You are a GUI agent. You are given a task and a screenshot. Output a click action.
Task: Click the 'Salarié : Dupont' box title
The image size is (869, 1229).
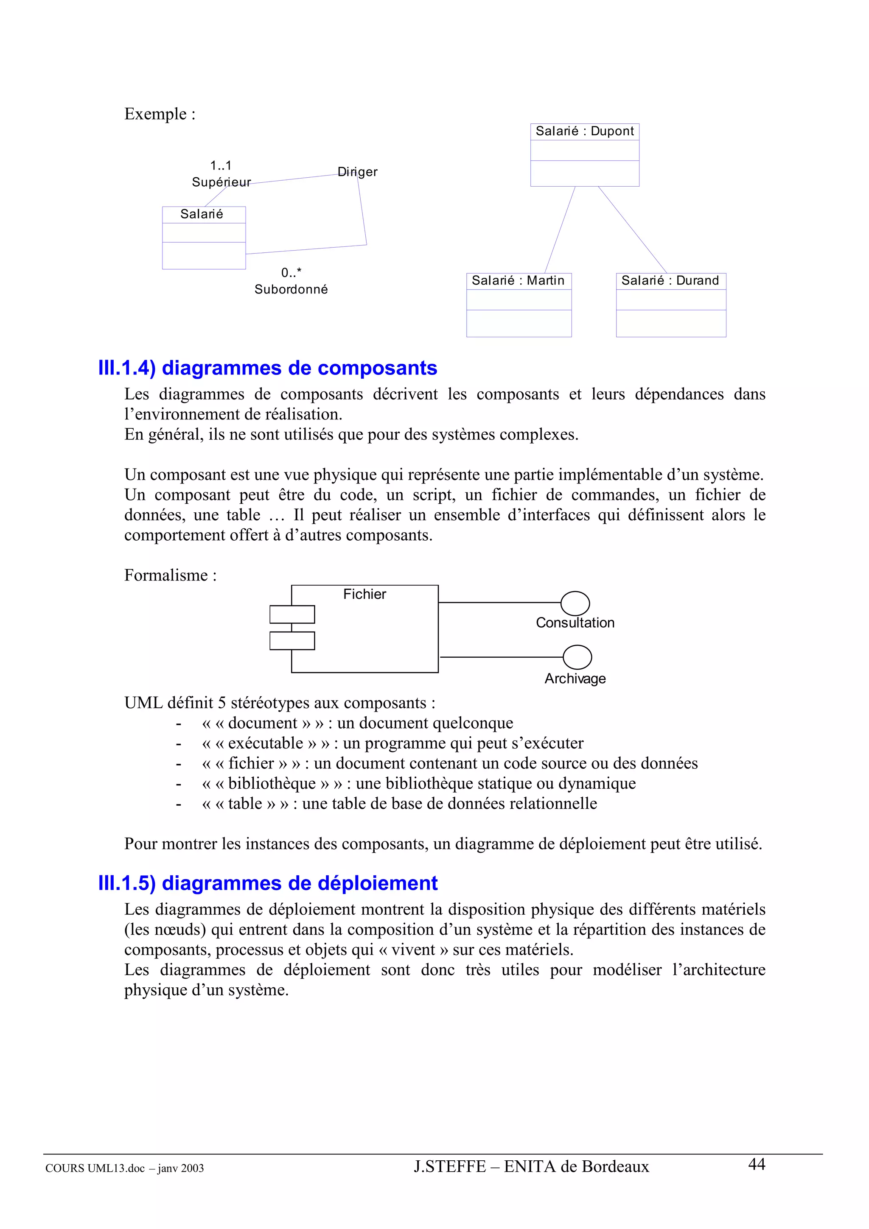click(584, 131)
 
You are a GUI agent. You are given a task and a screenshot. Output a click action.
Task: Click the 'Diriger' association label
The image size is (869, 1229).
click(357, 172)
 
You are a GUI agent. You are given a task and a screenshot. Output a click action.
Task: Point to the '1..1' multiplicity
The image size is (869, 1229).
click(221, 166)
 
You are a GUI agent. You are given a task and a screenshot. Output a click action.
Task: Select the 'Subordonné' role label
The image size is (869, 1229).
click(291, 290)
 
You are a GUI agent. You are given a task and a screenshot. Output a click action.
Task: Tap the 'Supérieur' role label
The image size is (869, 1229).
click(221, 182)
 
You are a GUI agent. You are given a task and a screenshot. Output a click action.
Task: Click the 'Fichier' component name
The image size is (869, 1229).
click(364, 595)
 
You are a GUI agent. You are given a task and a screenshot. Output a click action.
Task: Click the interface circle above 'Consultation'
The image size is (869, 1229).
click(575, 603)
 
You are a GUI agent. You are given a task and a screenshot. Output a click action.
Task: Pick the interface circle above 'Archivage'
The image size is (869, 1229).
click(577, 657)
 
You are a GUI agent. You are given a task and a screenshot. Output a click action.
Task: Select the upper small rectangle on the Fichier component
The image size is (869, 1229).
click(292, 614)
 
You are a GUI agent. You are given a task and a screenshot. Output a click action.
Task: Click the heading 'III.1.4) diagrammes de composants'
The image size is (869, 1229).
click(268, 368)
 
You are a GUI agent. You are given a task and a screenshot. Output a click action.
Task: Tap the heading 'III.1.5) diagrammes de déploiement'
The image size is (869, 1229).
click(268, 883)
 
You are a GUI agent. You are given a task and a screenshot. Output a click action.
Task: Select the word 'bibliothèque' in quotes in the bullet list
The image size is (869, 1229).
click(272, 784)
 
